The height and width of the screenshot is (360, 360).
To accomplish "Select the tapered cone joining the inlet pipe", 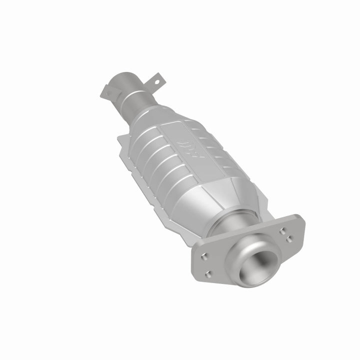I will [149, 112].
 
